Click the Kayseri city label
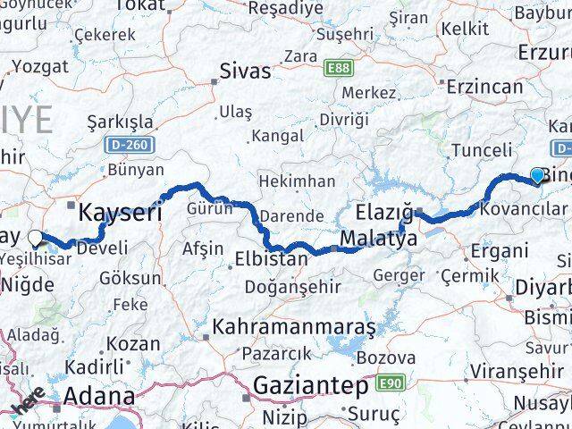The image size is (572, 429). [x=121, y=213]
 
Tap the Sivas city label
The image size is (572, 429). [x=245, y=71]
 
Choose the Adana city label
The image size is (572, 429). [x=98, y=396]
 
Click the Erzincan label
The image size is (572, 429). [x=485, y=87]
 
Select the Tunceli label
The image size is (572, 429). [x=483, y=149]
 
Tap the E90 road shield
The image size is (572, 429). [x=387, y=384]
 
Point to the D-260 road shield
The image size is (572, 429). [x=133, y=144]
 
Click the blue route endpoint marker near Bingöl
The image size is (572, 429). [x=536, y=175]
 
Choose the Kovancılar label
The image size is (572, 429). [x=523, y=209]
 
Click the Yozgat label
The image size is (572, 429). [x=40, y=66]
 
